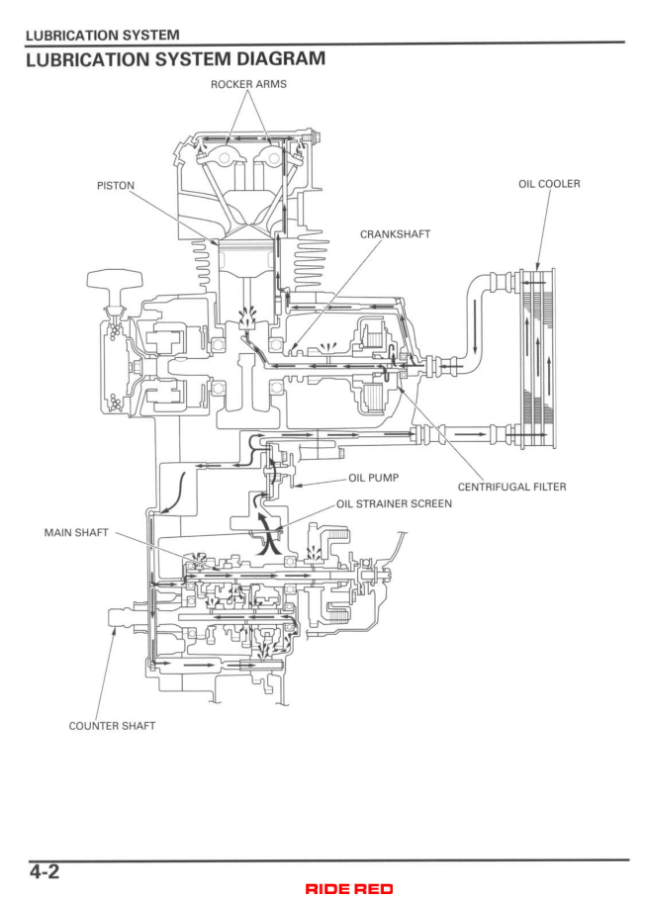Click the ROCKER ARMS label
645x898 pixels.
[x=248, y=85]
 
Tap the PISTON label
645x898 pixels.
[x=116, y=185]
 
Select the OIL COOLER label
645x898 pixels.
[x=549, y=184]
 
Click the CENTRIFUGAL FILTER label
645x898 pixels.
[x=511, y=487]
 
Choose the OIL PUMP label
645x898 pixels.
[x=368, y=478]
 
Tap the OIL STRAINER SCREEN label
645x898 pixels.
[x=394, y=503]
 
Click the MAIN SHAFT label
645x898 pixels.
[x=76, y=532]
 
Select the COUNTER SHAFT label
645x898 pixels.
[x=112, y=725]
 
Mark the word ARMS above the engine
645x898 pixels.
[x=270, y=85]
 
